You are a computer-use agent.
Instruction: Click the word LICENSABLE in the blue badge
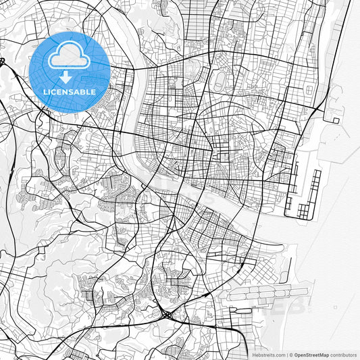click(x=70, y=91)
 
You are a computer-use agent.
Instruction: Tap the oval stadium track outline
click(x=220, y=82)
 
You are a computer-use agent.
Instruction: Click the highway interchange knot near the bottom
click(x=165, y=315)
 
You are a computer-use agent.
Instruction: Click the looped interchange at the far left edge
click(x=3, y=62)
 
